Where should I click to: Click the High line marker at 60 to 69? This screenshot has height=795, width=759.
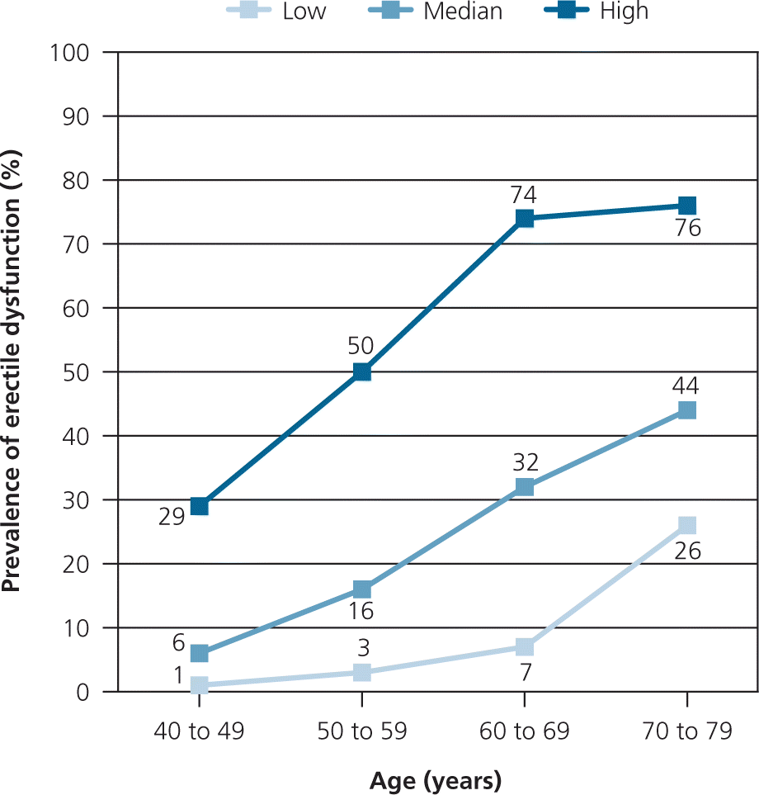pos(524,218)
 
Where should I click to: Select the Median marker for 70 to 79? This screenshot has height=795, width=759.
pos(686,410)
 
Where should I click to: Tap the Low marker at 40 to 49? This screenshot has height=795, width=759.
pos(199,685)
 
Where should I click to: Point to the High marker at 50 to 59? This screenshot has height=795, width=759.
pos(361,371)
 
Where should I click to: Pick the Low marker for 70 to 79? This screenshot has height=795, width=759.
pos(686,525)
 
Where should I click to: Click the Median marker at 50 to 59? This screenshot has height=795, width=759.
pos(361,589)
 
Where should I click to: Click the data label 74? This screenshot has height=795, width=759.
pos(524,195)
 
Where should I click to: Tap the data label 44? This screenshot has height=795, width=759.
pos(686,386)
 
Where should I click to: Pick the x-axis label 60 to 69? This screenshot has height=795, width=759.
pos(524,732)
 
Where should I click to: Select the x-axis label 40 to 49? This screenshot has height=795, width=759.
pos(199,732)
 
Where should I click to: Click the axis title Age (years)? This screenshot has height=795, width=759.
pos(436,779)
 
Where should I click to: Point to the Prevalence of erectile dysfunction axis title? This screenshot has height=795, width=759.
pos(12,371)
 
